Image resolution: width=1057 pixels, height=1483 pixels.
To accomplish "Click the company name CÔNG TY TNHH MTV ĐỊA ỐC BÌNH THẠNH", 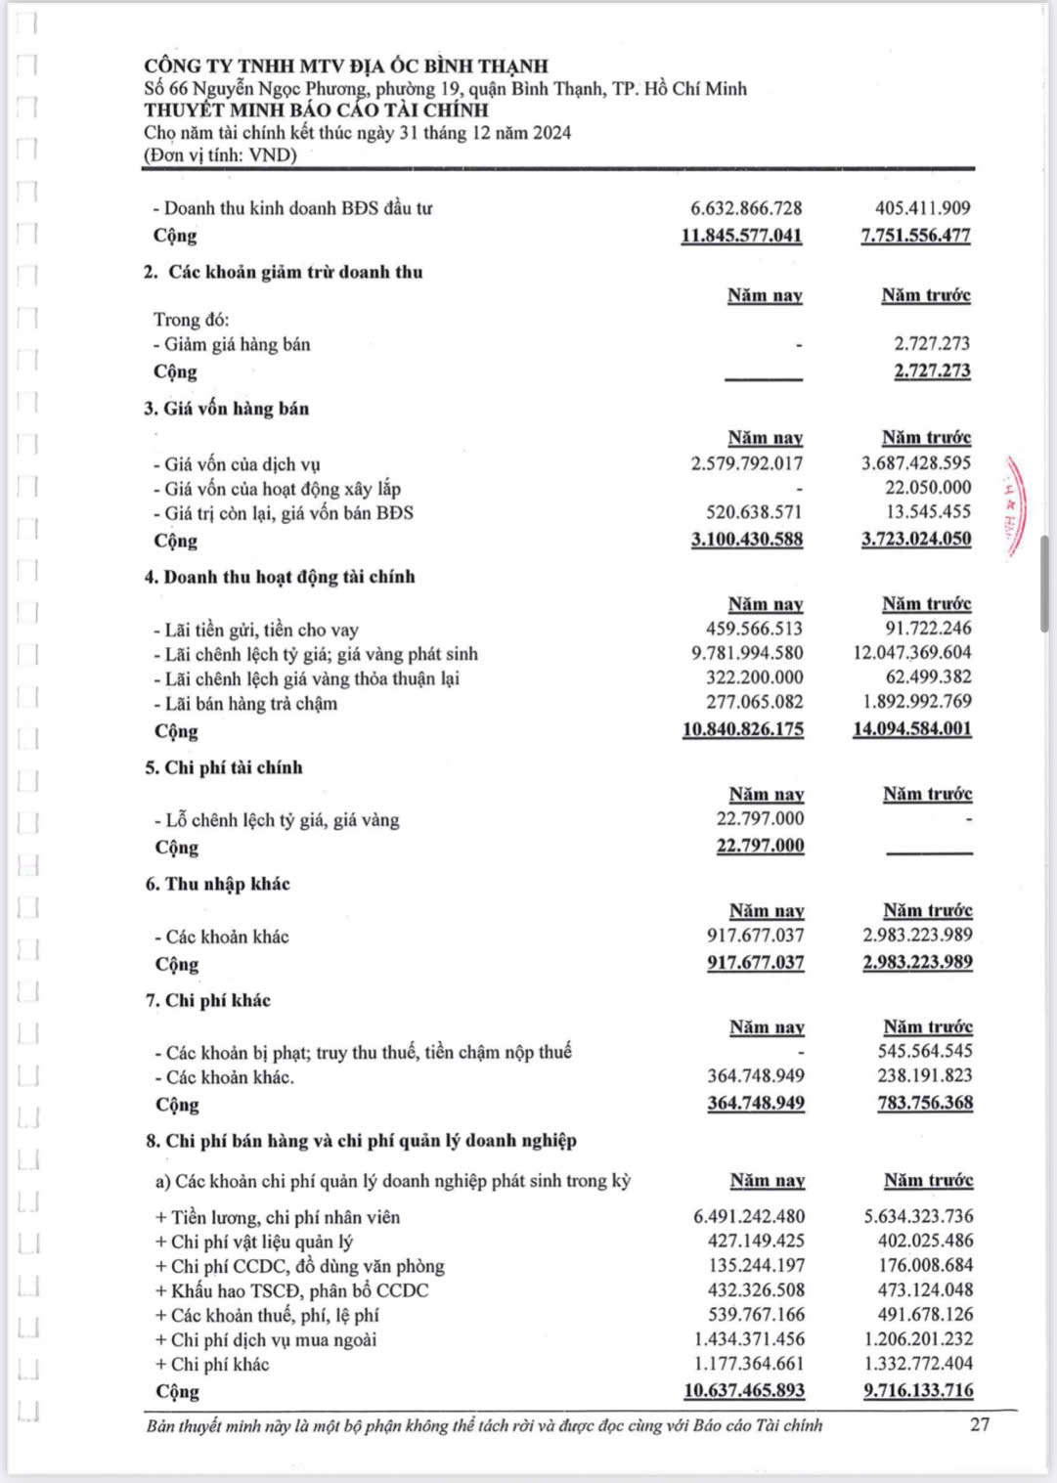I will [346, 65].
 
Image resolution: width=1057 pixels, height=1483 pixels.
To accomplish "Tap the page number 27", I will [980, 1423].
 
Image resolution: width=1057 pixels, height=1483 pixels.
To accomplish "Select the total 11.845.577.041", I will [741, 236].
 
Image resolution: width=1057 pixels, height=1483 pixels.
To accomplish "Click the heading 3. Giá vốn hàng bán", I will [227, 409].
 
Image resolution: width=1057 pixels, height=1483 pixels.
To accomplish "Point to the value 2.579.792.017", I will [746, 463].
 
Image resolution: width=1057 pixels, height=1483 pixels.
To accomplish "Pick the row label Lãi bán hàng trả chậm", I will [250, 703].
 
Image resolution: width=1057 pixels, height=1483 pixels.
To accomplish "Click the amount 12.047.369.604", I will [912, 652].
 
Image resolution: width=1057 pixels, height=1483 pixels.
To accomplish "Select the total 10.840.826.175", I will [742, 729].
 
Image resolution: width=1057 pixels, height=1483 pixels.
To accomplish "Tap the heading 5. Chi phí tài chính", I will [224, 767].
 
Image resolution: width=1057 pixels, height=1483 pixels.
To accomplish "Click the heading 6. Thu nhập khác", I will [218, 884].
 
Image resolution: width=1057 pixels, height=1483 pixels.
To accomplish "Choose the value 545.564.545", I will [925, 1051].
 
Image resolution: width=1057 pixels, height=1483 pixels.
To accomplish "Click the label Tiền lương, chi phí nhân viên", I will [285, 1217].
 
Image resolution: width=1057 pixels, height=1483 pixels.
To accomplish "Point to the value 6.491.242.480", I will [749, 1216].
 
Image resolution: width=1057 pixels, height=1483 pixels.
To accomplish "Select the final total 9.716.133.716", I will [918, 1390].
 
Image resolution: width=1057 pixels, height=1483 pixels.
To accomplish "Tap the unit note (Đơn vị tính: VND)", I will [220, 154].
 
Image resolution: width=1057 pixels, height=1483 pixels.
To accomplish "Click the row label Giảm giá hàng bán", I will [237, 344].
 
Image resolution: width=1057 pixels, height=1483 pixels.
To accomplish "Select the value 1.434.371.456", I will [749, 1338].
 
